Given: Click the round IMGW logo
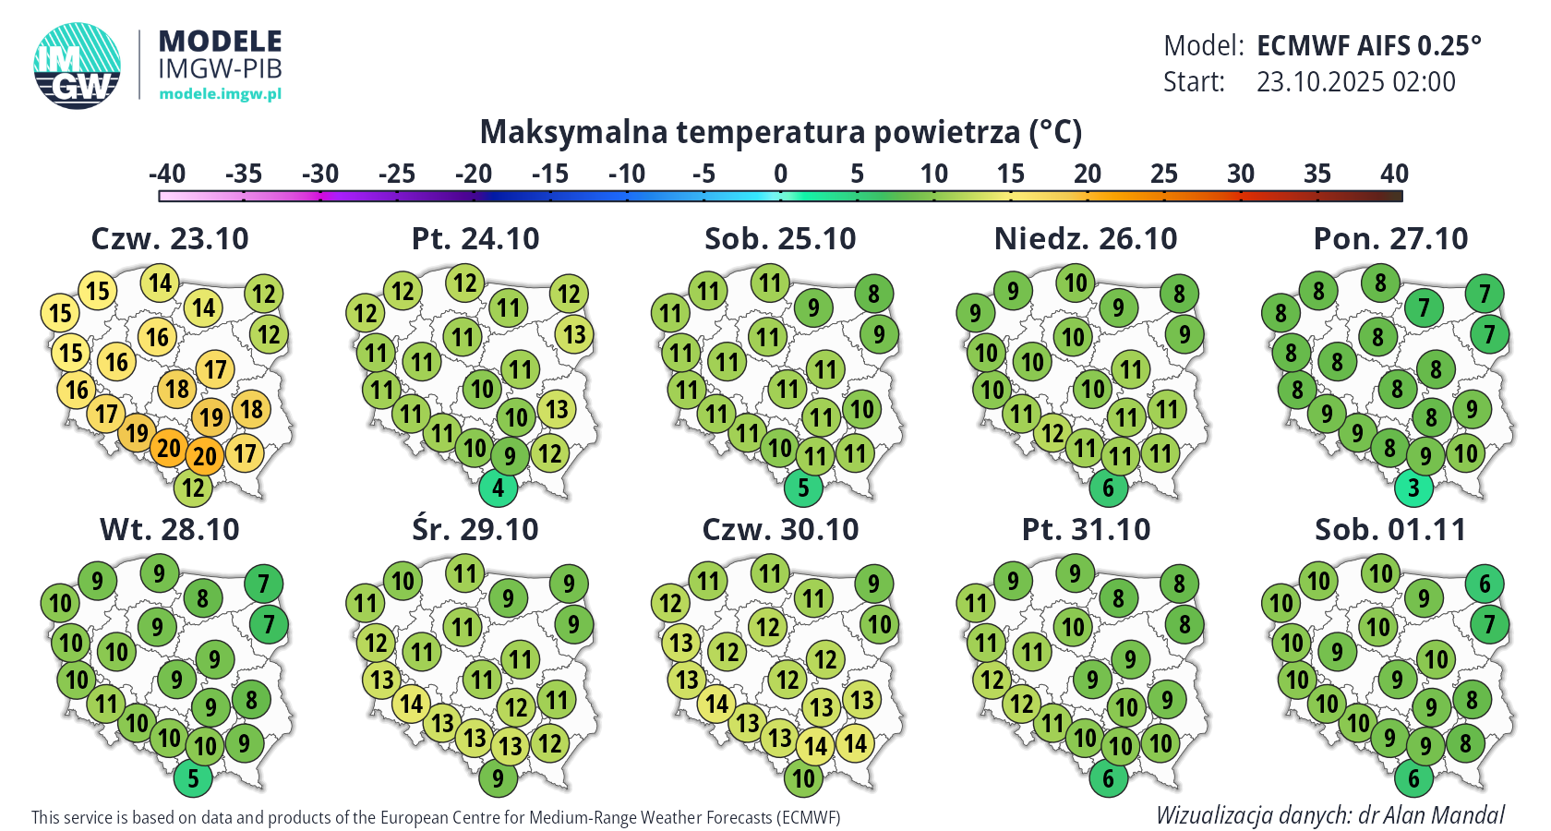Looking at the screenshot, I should click(x=78, y=66).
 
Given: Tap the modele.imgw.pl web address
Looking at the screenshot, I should click(x=220, y=93).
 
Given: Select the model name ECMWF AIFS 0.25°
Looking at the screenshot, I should click(x=1368, y=45).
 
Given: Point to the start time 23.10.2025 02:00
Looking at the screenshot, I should click(x=1355, y=82).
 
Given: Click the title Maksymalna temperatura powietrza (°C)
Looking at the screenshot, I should click(x=780, y=132).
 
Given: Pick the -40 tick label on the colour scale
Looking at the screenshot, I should click(x=167, y=174).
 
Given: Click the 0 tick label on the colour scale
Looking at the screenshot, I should click(x=780, y=174).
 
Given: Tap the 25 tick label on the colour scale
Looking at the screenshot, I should click(x=1163, y=174).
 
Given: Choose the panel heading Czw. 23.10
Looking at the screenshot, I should click(x=170, y=238).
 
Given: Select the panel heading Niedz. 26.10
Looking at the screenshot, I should click(x=1086, y=238).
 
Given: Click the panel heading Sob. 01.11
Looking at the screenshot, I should click(x=1390, y=529).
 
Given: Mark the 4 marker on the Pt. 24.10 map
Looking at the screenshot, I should click(x=499, y=487).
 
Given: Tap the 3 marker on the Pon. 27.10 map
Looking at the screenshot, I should click(x=1413, y=487).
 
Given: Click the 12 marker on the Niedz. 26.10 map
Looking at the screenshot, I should click(x=1053, y=432).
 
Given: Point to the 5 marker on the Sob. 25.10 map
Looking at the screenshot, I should click(x=803, y=487).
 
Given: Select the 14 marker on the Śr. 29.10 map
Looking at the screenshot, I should click(x=412, y=704).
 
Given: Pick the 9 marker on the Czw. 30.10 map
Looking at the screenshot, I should click(x=873, y=584).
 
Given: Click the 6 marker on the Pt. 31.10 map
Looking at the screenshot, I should click(x=1109, y=778).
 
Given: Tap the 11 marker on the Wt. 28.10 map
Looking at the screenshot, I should click(x=107, y=704).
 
